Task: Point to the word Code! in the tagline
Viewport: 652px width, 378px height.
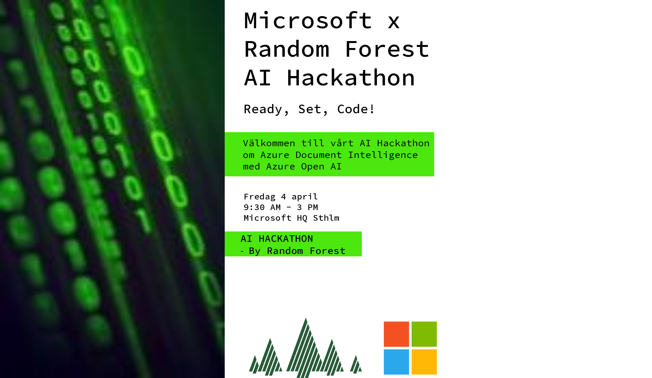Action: click(x=356, y=109)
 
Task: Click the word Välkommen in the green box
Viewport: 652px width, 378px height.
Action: click(x=269, y=143)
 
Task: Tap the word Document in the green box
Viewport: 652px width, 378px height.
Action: click(x=318, y=155)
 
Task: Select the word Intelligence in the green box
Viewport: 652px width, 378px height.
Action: click(x=383, y=155)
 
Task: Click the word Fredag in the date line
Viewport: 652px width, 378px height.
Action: click(x=259, y=197)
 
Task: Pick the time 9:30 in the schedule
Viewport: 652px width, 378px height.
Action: click(x=254, y=207)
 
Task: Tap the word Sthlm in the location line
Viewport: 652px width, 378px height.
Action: click(x=326, y=218)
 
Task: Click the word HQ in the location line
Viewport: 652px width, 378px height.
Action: click(x=302, y=218)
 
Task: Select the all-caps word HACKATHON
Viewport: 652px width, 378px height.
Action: click(x=286, y=239)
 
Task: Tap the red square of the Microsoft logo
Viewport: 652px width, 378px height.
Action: click(x=396, y=334)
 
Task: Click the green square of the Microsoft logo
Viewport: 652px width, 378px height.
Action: click(x=424, y=334)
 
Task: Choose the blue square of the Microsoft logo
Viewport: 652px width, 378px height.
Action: click(x=396, y=362)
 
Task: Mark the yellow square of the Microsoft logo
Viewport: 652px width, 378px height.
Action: click(x=424, y=362)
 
